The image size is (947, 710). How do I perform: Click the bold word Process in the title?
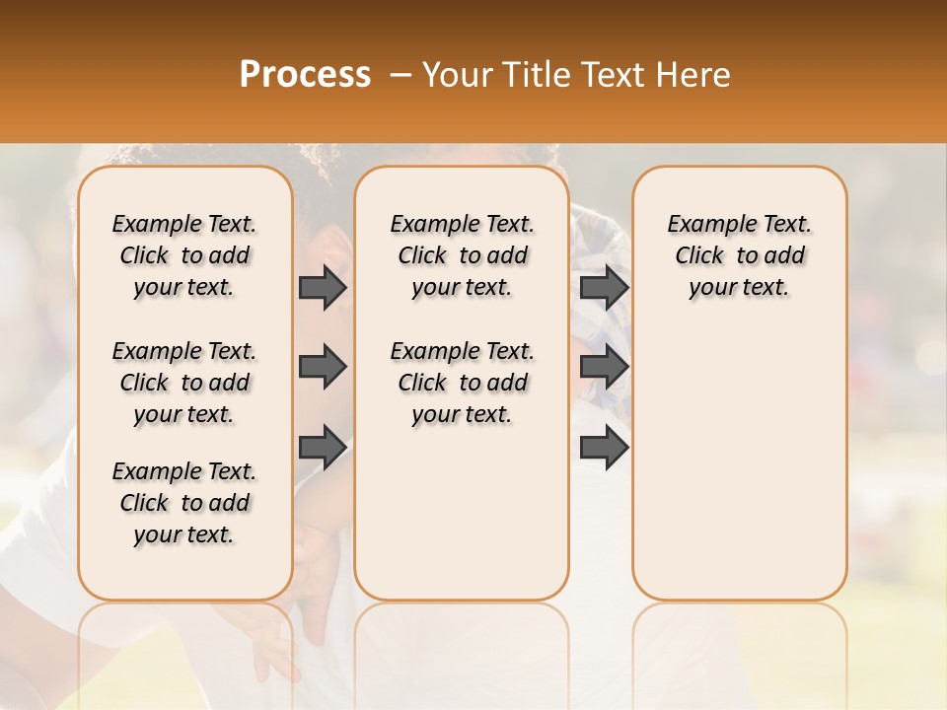point(305,75)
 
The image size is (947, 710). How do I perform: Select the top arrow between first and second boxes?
point(323,287)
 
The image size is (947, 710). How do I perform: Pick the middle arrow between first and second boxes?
point(323,368)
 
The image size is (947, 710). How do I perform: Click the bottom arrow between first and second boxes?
point(323,449)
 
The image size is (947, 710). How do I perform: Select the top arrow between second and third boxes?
point(604,287)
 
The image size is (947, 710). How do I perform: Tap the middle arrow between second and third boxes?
point(604,368)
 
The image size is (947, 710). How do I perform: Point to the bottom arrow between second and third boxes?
point(604,449)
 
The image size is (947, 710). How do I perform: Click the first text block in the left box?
point(184,255)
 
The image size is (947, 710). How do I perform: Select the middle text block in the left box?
point(184,383)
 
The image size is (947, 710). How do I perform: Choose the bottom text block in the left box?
point(184,503)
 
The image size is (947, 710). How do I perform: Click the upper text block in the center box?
point(462,255)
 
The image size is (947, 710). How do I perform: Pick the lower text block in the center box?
point(462,383)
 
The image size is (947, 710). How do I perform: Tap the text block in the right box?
point(739,255)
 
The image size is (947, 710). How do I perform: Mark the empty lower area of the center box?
point(462,513)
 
